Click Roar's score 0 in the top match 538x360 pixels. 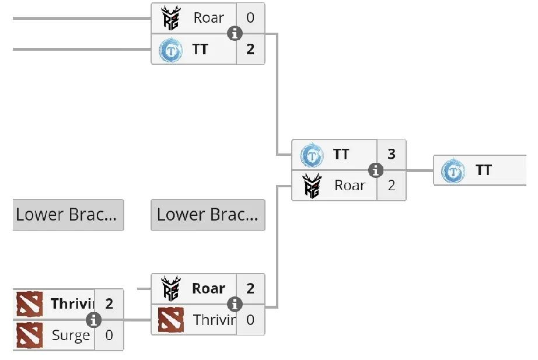tap(250, 18)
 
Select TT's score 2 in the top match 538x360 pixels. tap(250, 50)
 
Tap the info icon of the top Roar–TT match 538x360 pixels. tap(235, 34)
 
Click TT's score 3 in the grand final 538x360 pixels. tap(392, 155)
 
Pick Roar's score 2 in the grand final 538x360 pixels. tap(392, 186)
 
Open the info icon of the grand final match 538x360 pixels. tap(376, 170)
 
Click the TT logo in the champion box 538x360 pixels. tap(453, 172)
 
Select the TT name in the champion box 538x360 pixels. tap(484, 170)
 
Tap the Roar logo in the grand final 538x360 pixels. tap(313, 186)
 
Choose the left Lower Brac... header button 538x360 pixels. tap(68, 215)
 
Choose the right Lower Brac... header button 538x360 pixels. tap(208, 215)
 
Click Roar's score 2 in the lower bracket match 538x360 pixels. tap(250, 289)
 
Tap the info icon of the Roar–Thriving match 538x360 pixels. tap(235, 304)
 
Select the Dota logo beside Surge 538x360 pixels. tap(29, 335)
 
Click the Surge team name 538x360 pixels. tap(71, 335)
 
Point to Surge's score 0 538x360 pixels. tap(109, 335)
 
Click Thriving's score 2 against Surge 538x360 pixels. tap(109, 304)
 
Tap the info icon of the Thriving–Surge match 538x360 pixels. tap(93, 320)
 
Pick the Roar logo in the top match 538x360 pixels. tap(171, 19)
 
